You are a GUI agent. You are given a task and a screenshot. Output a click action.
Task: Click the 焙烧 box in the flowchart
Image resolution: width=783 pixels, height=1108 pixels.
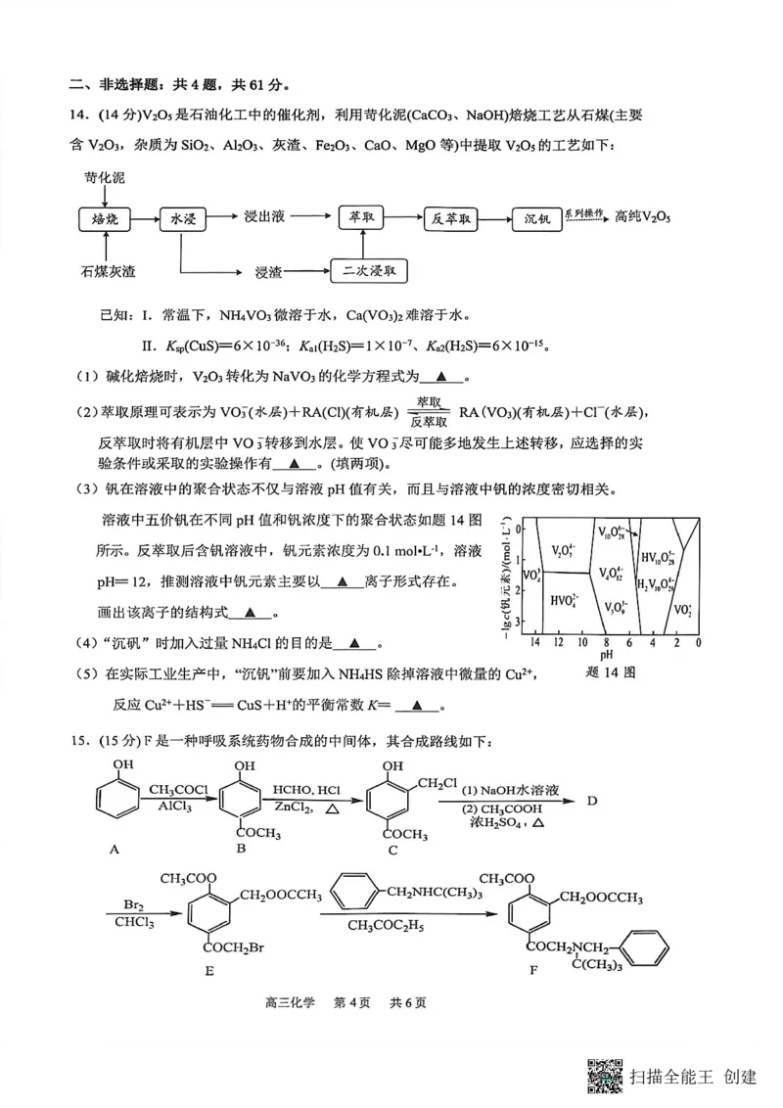coord(104,218)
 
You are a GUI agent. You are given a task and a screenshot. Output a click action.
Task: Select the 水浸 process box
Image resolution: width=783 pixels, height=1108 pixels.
coord(184,218)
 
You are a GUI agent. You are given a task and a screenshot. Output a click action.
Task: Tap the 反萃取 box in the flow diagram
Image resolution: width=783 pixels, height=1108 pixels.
coord(452,218)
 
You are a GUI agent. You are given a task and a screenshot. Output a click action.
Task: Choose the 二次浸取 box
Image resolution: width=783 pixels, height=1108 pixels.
coord(370,271)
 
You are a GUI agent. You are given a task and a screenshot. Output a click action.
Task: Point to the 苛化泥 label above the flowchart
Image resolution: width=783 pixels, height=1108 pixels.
coord(106,178)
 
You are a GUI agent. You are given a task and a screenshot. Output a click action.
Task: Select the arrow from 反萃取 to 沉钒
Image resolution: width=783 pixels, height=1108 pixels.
coord(494,218)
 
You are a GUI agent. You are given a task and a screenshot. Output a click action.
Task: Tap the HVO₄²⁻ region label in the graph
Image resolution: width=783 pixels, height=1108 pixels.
coord(564,601)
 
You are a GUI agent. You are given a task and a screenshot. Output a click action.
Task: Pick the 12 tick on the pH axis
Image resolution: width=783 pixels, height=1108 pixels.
coord(557,643)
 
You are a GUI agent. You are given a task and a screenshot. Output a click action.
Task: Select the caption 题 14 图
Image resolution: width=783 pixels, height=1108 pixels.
coord(616,674)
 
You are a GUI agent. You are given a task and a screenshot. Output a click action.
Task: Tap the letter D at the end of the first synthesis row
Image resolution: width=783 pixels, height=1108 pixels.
coord(591,801)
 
